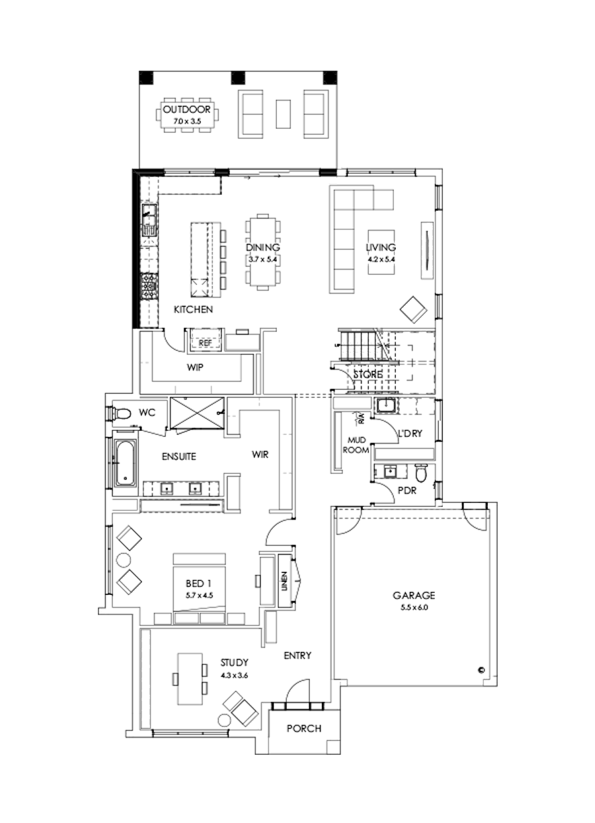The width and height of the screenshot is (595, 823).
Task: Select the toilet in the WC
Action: tap(121, 414)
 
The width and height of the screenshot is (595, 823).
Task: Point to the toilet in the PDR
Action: tap(420, 473)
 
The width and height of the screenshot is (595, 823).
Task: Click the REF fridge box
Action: tap(205, 343)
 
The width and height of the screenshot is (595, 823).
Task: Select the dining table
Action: tap(263, 251)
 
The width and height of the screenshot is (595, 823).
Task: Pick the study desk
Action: tap(190, 679)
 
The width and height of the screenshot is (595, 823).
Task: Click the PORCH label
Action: tap(304, 729)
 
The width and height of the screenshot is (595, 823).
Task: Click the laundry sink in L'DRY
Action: tap(385, 406)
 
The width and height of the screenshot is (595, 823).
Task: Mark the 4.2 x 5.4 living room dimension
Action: tap(381, 260)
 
